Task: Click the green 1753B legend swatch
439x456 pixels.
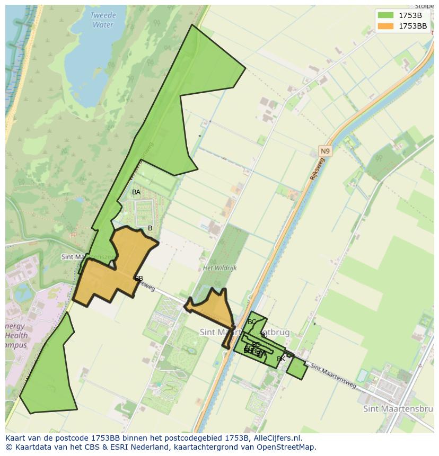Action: coord(385,15)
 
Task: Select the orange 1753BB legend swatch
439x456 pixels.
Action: coord(385,26)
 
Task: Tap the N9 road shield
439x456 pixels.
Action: coord(324,151)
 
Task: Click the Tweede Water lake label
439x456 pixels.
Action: coord(102,20)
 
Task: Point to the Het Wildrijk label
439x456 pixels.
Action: coord(219,268)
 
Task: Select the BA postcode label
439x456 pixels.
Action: coord(136,192)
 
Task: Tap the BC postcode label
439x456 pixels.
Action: coord(252,322)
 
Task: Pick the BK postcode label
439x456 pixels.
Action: coord(281,359)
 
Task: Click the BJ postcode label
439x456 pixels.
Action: coord(264,335)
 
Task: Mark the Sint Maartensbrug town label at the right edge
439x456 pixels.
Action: coord(399,409)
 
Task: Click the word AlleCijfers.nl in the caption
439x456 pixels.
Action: coord(276,438)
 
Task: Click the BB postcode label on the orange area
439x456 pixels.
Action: coord(139,279)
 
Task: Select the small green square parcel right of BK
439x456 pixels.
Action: coord(297,369)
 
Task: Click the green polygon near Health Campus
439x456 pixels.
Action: coord(49,371)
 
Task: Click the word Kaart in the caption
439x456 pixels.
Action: coord(16,438)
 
